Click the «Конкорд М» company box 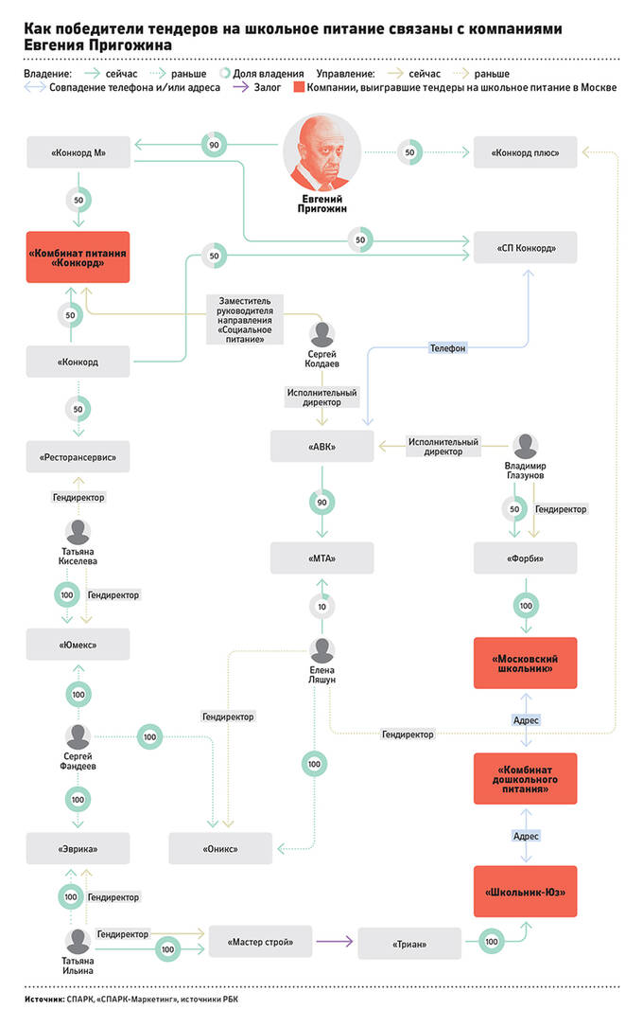78,152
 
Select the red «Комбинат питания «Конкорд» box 78,257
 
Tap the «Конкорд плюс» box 525,152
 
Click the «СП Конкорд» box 525,248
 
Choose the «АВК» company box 321,447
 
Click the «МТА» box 321,558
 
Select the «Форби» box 525,558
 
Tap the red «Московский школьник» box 525,663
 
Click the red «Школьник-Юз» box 525,892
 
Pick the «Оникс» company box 220,849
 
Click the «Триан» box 409,944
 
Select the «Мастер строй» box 260,942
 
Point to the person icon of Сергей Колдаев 321,334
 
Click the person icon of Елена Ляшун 321,650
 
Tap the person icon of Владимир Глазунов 525,446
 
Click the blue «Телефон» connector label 448,348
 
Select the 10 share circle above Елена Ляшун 321,607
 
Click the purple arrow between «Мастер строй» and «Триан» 334,942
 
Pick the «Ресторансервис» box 78,456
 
